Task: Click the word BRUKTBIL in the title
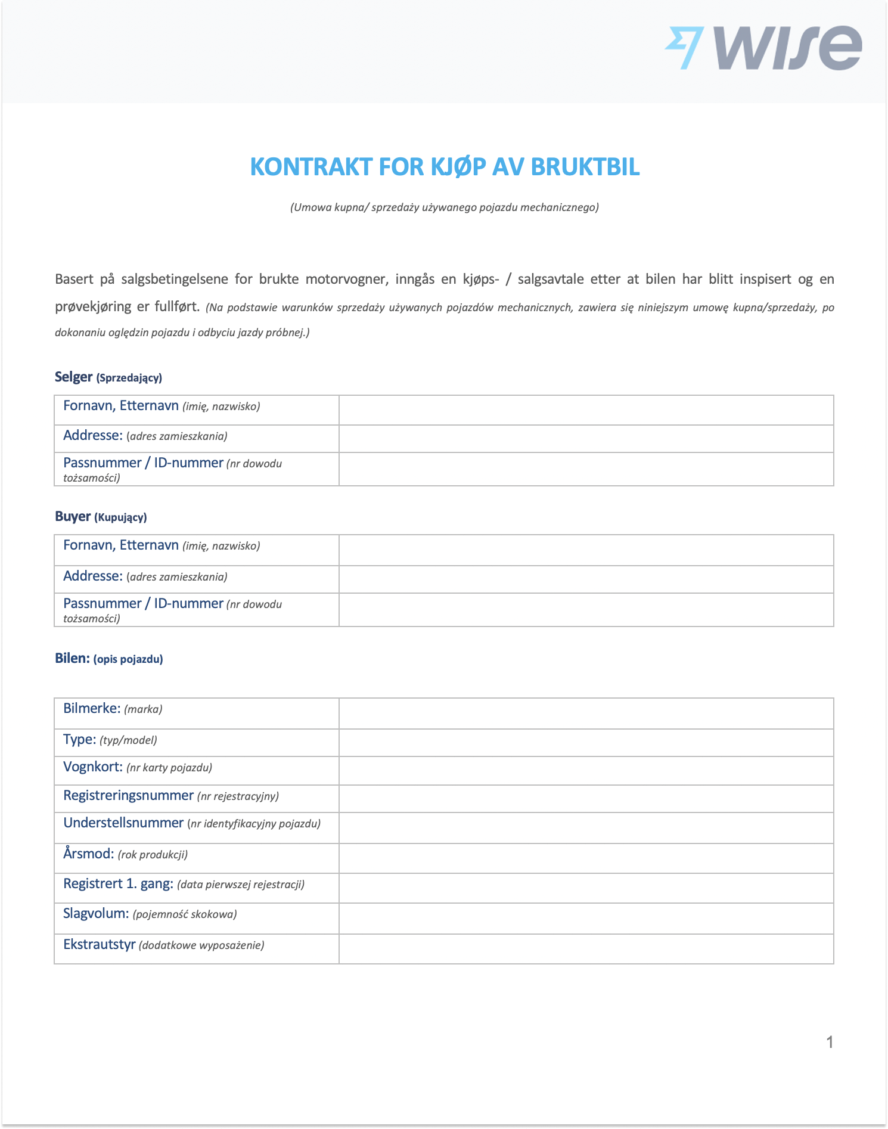coord(585,167)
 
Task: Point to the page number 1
coord(829,1042)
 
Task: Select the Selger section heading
coord(73,377)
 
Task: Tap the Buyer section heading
coord(73,516)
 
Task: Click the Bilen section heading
coord(72,658)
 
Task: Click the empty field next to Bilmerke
coord(586,713)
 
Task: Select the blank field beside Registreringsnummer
coord(586,798)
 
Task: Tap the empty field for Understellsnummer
coord(586,827)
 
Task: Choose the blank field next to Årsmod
coord(586,858)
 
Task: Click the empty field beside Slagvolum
coord(586,918)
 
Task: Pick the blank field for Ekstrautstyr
coord(586,948)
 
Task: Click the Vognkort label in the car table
coord(93,767)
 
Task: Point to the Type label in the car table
coord(79,739)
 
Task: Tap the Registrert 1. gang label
coord(118,883)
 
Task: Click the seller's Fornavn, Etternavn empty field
coord(586,410)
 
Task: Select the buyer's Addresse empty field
coord(586,579)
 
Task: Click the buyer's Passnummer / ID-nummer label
coord(143,604)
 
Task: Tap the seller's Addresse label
coord(93,435)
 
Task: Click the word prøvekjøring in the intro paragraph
coord(93,306)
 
